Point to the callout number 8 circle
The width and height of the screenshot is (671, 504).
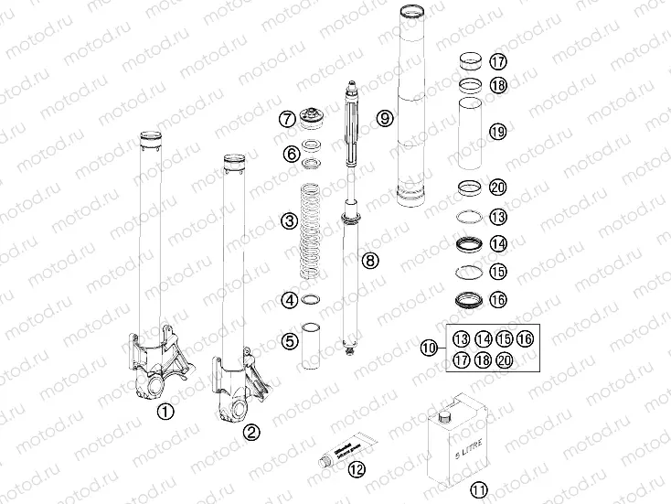[369, 261]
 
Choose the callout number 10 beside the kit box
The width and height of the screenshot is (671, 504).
[430, 348]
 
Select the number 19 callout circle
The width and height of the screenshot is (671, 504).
[497, 132]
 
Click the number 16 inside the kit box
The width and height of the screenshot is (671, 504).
[524, 339]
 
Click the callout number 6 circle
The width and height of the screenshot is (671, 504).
[291, 154]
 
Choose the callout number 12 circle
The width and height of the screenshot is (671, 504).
[356, 470]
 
